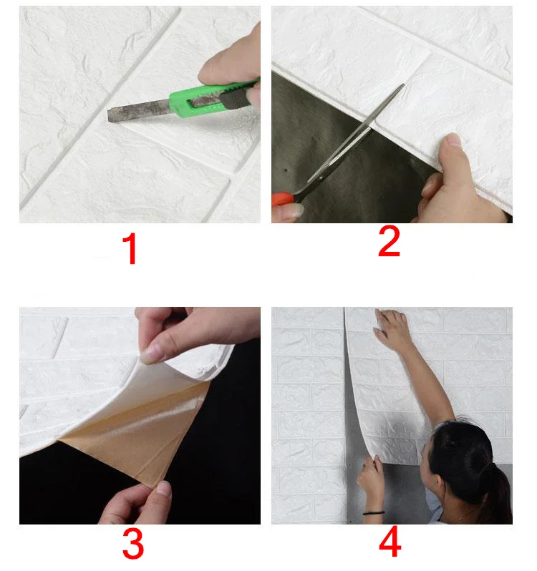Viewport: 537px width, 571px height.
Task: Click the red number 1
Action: [x=130, y=249]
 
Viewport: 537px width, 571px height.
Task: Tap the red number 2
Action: [x=389, y=240]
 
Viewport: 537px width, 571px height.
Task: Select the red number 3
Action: [x=133, y=543]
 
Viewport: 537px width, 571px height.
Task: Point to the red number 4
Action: [x=390, y=542]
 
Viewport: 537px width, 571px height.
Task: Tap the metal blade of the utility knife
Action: [x=138, y=110]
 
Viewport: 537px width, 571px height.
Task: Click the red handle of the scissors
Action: [x=283, y=199]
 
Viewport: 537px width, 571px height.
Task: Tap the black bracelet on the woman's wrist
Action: [x=374, y=513]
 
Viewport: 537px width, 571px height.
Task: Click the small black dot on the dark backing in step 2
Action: [x=286, y=170]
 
